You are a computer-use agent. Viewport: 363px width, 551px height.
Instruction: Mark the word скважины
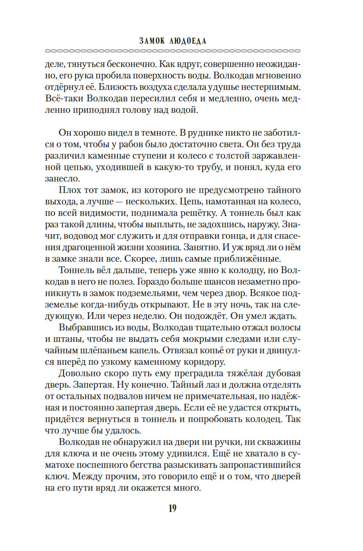click(278, 442)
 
